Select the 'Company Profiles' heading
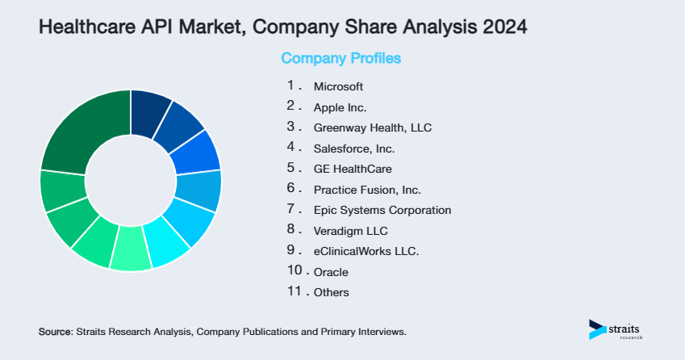click(x=340, y=59)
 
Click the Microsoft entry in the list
click(x=338, y=86)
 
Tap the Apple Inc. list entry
click(x=340, y=107)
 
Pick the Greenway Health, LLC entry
click(x=367, y=128)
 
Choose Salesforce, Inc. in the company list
click(x=353, y=149)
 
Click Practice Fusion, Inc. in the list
click(x=367, y=190)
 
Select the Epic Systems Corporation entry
click(x=382, y=210)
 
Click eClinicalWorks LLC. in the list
click(x=365, y=251)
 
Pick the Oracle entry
click(x=331, y=272)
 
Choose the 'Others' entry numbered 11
click(x=332, y=292)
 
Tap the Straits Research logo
click(x=619, y=329)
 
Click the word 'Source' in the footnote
click(x=55, y=332)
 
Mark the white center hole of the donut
click(x=130, y=180)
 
